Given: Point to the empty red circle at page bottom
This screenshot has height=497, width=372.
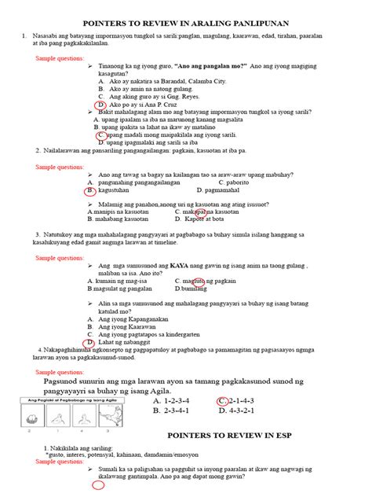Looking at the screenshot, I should pyautogui.click(x=99, y=485).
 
